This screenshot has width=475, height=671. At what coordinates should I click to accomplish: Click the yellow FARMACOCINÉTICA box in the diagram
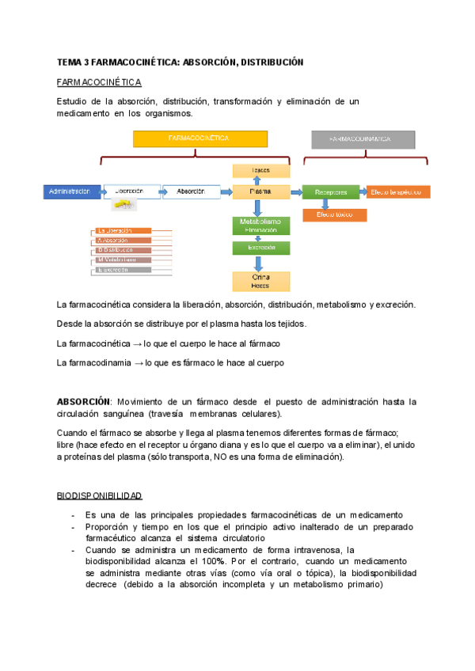199,138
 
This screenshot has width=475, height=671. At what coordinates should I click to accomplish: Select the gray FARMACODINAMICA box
362,139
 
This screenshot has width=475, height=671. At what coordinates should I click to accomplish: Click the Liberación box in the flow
129,191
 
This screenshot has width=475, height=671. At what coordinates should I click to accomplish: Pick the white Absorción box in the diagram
191,191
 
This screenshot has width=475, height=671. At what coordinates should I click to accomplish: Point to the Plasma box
260,191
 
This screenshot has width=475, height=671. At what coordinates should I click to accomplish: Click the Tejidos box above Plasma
260,171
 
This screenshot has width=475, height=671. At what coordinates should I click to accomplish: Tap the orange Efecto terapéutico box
398,191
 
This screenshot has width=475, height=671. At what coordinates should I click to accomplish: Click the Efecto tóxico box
334,214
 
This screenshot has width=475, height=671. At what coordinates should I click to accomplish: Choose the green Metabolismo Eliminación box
260,226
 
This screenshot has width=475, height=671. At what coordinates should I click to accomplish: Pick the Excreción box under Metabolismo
260,248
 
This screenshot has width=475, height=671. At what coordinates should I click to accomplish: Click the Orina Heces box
260,281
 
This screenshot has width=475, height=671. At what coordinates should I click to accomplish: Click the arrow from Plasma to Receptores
296,191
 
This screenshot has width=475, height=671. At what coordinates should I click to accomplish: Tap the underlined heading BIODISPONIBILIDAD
99,495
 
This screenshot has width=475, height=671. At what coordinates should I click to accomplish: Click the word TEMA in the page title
68,62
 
